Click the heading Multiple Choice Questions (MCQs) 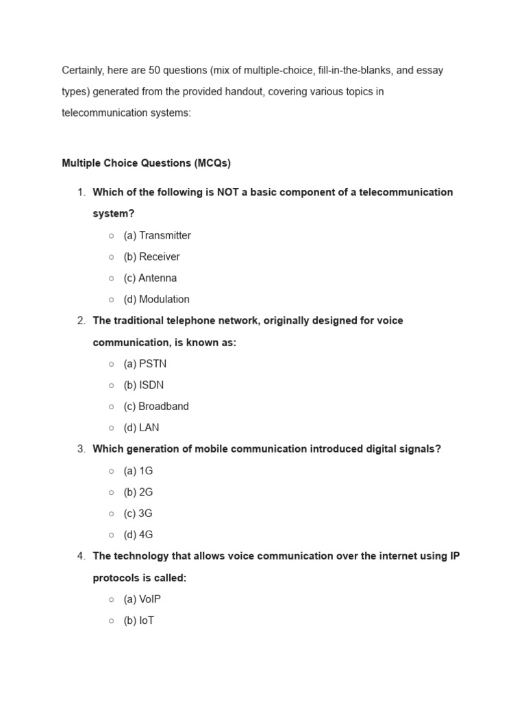pos(146,163)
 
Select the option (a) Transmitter pos(157,235)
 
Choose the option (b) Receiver pos(151,256)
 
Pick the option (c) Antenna pos(150,278)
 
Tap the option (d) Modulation pos(156,299)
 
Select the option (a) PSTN pos(145,363)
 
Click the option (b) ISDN pos(144,385)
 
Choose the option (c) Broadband pos(156,406)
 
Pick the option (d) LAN pos(141,427)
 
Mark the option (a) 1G pos(138,470)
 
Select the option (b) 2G pos(138,492)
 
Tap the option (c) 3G pos(138,513)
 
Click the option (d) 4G pos(138,534)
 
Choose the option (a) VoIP pos(142,598)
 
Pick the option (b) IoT pos(139,620)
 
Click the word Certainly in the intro pos(85,70)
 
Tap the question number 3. pos(81,449)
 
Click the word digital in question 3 pos(374,449)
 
